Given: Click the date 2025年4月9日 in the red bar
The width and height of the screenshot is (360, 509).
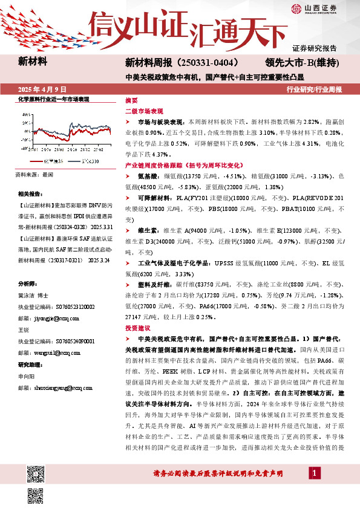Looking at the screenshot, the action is pos(42,89).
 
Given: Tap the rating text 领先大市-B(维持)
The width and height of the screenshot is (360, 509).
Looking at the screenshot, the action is pos(301,62).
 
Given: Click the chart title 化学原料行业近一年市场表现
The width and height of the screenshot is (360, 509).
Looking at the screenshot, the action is pos(53,99).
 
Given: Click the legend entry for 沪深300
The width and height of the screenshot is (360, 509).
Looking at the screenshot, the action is pos(87,161).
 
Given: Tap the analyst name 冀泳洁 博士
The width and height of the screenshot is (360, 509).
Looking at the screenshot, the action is pos(33,296).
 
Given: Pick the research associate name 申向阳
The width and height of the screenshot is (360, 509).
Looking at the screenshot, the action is pos(27,375).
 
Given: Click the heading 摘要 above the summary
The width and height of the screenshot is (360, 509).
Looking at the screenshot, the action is pos(131,100).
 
